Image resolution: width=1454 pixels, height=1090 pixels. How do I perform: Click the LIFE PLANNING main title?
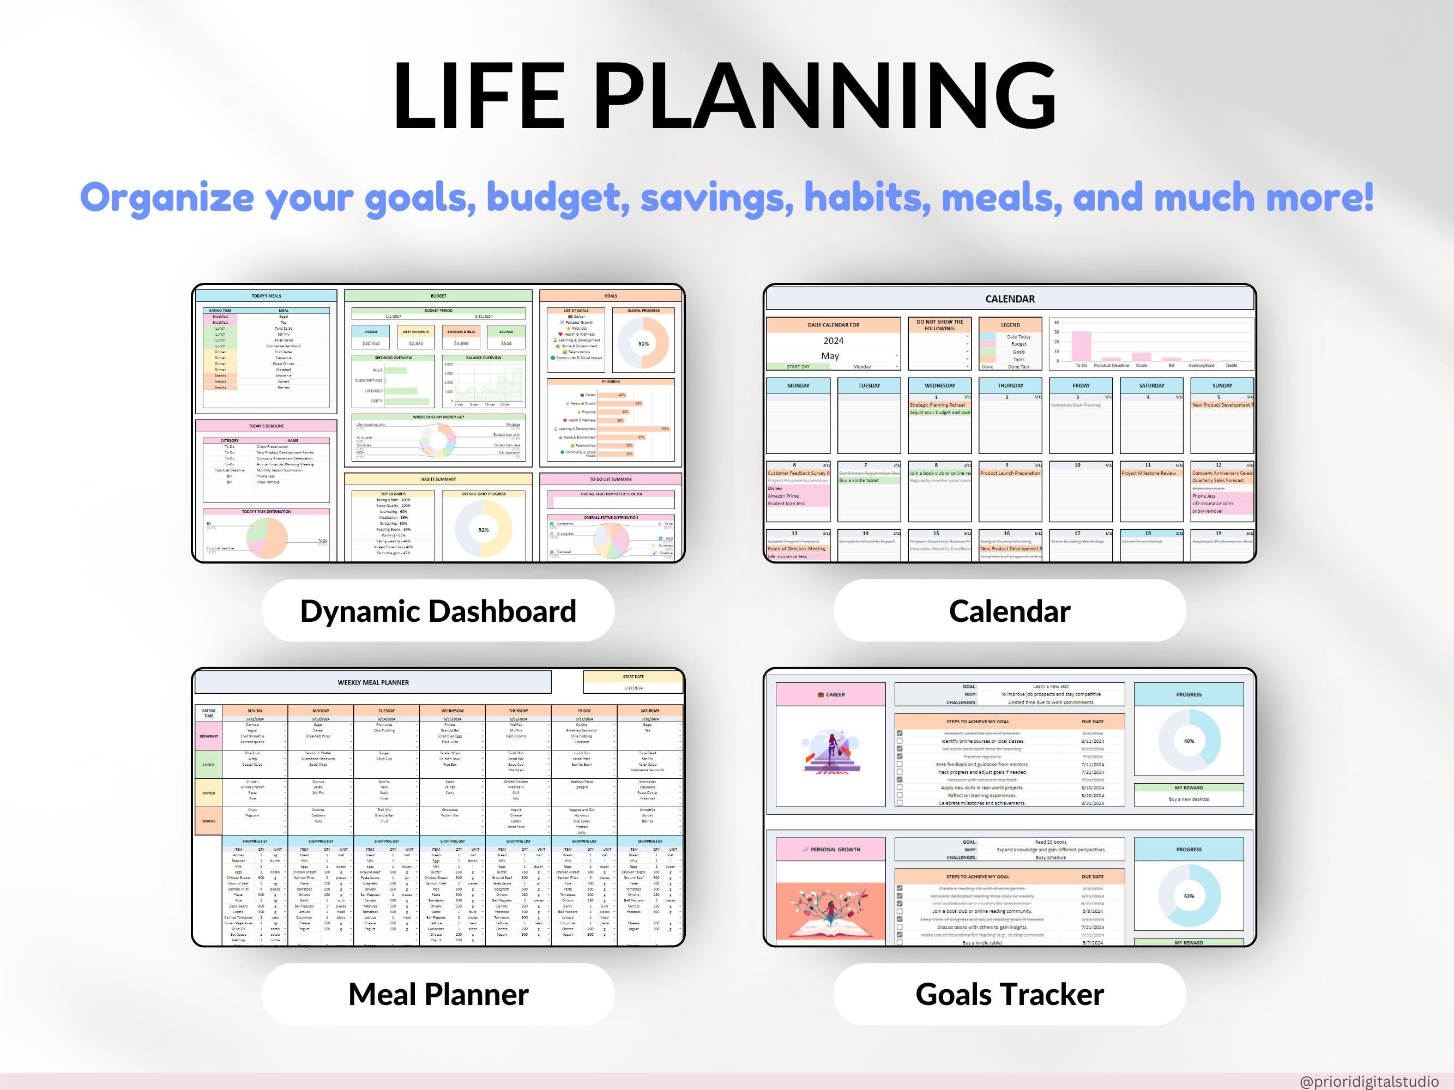[725, 96]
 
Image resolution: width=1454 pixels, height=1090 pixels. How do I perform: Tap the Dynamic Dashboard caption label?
[438, 611]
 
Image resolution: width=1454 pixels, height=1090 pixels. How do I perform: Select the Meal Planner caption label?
[438, 994]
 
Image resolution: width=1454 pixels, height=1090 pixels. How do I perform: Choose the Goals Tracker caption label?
[1010, 994]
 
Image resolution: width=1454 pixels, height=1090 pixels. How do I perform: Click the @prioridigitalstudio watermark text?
[1369, 1081]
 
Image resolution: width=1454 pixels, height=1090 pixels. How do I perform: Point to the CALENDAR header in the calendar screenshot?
[1010, 299]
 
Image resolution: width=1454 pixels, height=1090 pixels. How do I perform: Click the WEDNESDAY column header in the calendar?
[939, 386]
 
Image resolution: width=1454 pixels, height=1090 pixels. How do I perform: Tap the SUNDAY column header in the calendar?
[1222, 386]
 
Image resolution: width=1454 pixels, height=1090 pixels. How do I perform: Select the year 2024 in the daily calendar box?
[834, 341]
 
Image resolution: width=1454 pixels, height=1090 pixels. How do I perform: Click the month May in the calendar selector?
[830, 356]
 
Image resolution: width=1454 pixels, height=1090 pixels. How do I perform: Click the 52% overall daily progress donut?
[484, 530]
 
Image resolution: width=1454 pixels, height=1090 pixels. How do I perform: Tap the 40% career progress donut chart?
[1189, 741]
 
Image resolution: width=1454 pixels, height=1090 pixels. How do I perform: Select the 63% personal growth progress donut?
[1189, 896]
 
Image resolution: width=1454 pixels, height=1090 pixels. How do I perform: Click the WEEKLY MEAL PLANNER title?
[373, 683]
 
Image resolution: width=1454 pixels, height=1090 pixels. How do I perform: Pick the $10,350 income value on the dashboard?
[371, 343]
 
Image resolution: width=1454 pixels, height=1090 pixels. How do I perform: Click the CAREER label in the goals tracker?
[831, 694]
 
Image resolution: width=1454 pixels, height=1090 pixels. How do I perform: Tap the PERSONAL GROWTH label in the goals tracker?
[831, 850]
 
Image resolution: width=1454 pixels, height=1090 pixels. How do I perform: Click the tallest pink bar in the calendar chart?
[1081, 346]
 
